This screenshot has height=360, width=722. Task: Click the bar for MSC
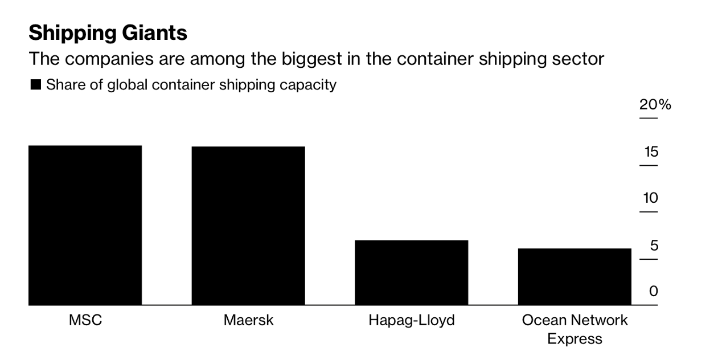coord(85,225)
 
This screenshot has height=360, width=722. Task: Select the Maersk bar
coord(248,226)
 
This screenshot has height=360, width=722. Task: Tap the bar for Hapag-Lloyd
coord(411,272)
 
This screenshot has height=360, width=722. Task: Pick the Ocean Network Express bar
coord(575,276)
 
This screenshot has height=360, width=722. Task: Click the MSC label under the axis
coord(85,320)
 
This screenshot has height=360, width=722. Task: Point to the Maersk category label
coord(248,320)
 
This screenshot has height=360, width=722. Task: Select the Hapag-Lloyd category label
coord(412,320)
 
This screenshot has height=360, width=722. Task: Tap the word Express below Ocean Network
coord(575,339)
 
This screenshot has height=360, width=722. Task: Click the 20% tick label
coord(655,105)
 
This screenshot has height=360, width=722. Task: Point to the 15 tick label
coord(651,152)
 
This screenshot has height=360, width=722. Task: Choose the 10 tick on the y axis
coord(651,199)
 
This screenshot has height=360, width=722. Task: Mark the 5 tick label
coord(654,246)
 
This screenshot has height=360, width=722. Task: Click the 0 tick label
coord(654,292)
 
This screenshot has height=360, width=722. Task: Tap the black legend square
coord(35,85)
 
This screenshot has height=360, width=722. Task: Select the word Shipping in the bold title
coord(69,33)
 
